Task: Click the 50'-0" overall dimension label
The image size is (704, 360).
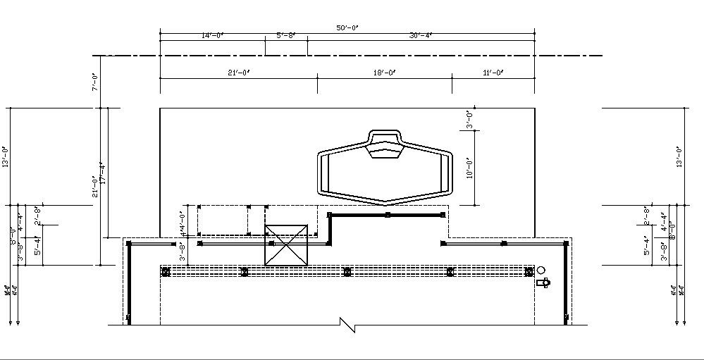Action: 347,27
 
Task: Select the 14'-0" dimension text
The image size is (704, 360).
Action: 211,35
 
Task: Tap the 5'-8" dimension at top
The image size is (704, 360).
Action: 285,35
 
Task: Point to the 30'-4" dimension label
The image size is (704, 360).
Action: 421,35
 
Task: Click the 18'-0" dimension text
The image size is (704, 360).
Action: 384,73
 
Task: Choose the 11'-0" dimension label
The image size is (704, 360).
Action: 493,73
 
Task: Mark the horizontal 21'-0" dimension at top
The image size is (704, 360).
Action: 239,73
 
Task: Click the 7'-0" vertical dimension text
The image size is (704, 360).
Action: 95,81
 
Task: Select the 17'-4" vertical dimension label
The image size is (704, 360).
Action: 103,173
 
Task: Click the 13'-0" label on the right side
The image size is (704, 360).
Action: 679,156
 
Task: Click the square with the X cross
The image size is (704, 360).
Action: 287,244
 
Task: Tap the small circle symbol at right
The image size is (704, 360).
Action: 541,271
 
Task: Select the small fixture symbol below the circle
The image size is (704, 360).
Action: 542,283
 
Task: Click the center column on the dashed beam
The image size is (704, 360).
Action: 346,271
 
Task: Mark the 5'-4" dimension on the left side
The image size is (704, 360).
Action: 37,245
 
